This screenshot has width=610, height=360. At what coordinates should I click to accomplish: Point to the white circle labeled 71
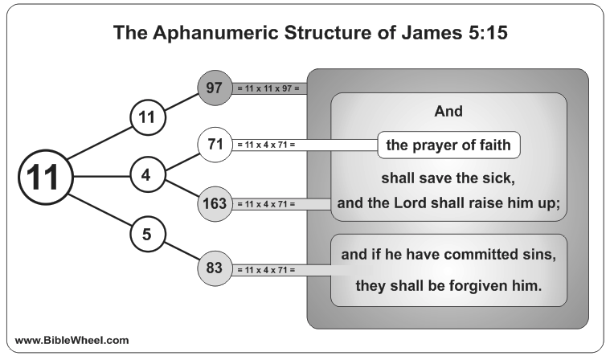coord(215,145)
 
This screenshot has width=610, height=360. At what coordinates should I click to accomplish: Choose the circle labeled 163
coord(215,204)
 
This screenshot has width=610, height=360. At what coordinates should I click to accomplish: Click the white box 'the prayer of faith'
coord(449,145)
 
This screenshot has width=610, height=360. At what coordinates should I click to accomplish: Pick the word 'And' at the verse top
coord(448,112)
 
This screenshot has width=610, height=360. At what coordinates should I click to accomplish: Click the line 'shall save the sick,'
coord(448,178)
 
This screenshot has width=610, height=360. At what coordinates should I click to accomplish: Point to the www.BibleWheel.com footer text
coord(72,339)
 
